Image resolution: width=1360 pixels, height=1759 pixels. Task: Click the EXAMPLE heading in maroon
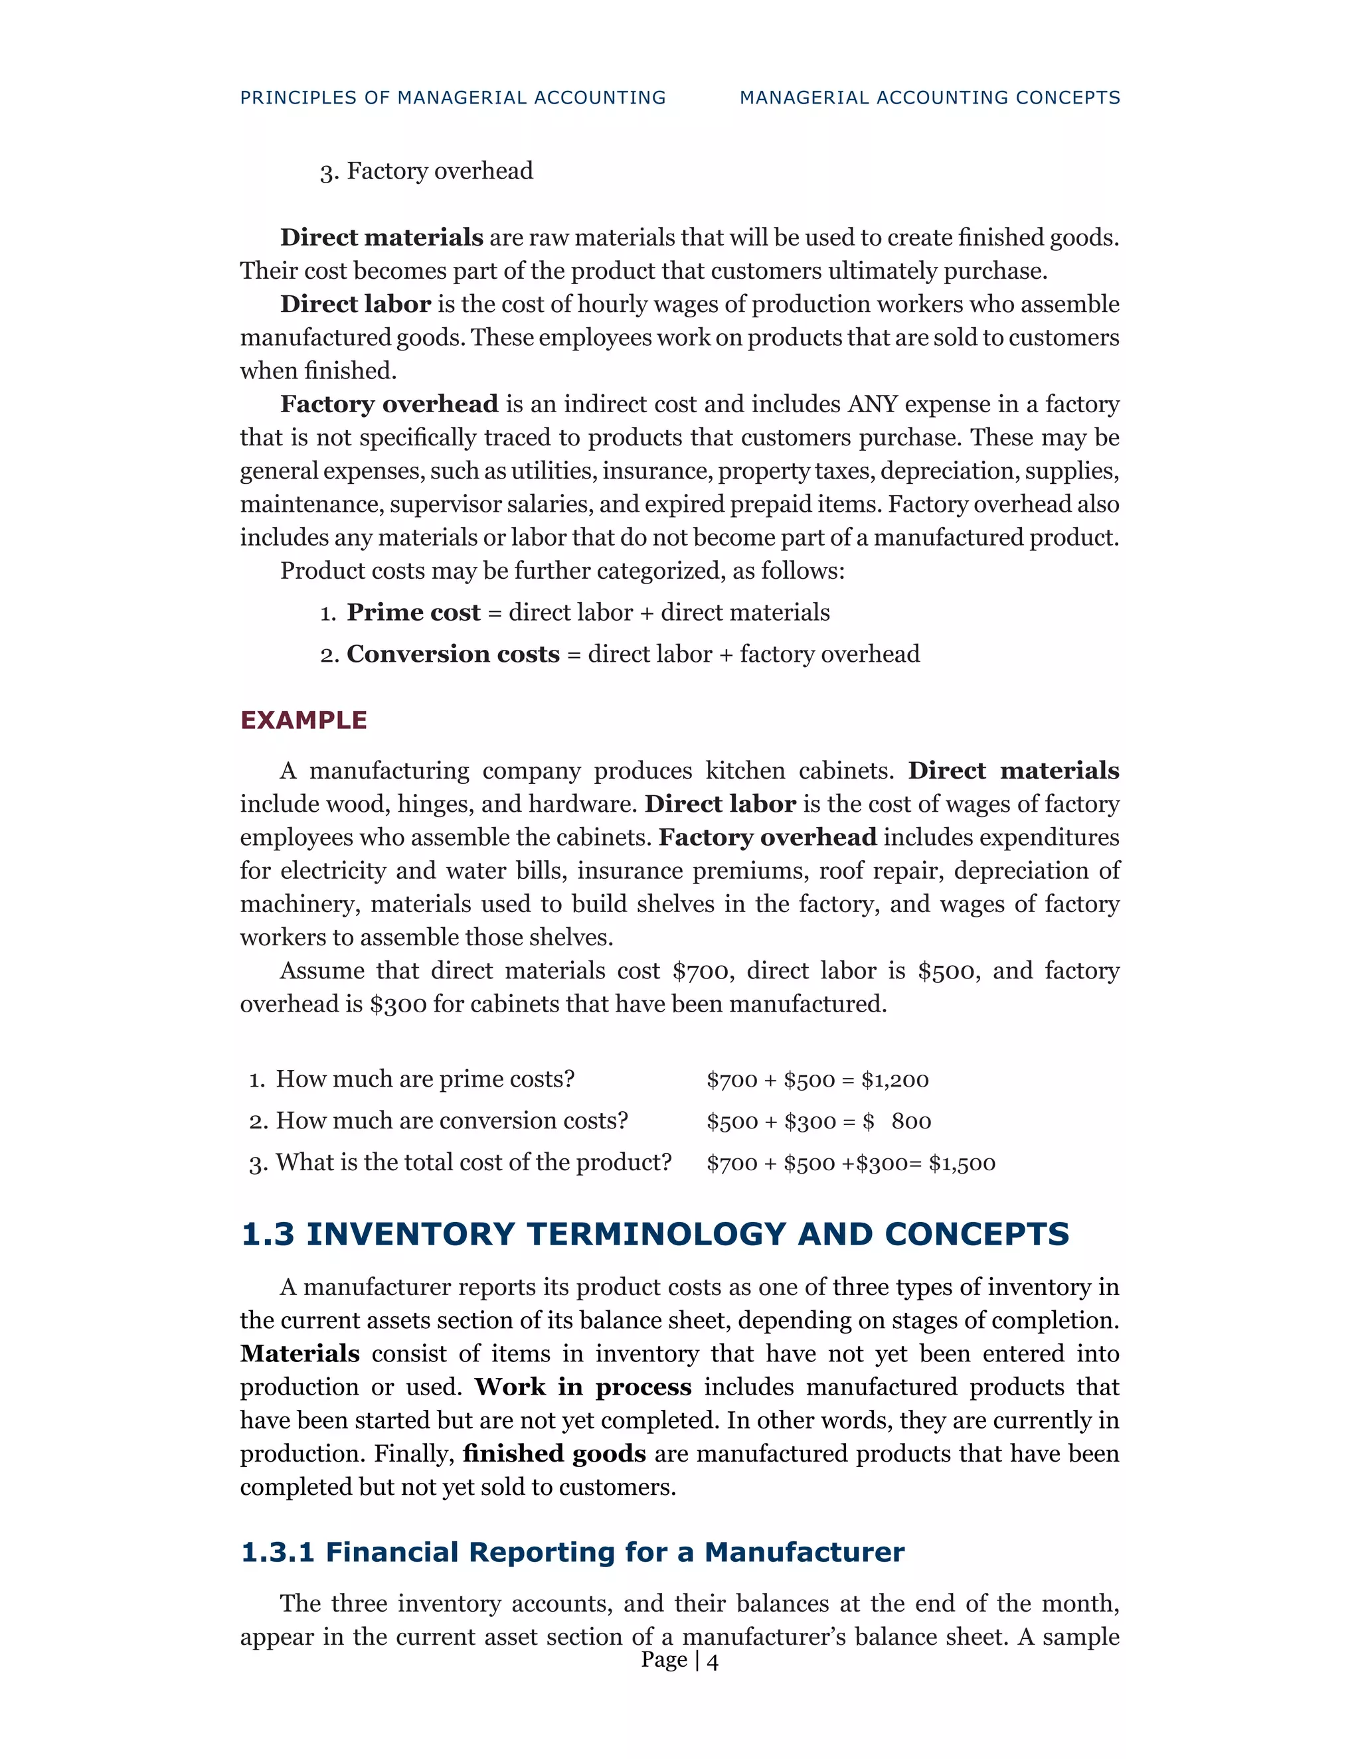coord(303,720)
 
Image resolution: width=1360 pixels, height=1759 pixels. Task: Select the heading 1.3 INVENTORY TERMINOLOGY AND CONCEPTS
coord(654,1234)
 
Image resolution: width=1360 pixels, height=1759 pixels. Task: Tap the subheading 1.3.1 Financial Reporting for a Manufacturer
coord(572,1551)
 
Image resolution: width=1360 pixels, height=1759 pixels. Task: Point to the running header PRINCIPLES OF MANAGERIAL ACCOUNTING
coord(453,98)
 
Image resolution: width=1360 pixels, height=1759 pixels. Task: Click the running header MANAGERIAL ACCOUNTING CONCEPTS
coord(930,98)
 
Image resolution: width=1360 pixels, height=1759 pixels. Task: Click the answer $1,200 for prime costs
coord(894,1080)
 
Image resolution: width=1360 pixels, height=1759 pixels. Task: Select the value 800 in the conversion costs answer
coord(910,1121)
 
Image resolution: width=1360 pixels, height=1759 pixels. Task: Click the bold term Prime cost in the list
coord(413,612)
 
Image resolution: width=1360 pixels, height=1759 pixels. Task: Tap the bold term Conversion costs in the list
coord(453,654)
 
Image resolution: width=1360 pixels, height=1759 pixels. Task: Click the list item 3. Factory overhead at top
coord(426,171)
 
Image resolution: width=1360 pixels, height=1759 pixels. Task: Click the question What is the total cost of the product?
coord(473,1162)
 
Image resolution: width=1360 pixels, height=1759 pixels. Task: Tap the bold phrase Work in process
coord(582,1386)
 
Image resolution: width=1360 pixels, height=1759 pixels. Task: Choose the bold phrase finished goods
coord(554,1453)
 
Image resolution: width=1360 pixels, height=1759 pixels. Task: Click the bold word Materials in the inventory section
coord(299,1353)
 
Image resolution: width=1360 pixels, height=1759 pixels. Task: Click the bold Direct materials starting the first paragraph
coord(381,238)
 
